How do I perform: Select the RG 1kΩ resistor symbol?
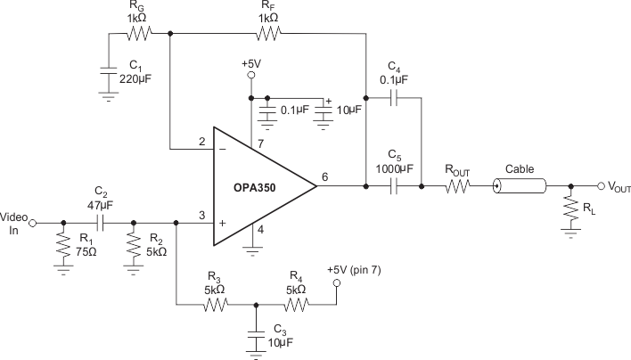coord(139,35)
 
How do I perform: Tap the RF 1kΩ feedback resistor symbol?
coord(267,35)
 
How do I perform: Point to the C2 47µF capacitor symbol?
coord(101,223)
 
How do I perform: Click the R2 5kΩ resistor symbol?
coord(133,244)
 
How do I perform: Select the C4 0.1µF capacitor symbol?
coord(393,96)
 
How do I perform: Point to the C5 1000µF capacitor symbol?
coord(393,186)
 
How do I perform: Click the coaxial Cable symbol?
coord(520,186)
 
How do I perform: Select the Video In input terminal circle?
coord(33,223)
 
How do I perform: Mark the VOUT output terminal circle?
coord(599,186)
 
